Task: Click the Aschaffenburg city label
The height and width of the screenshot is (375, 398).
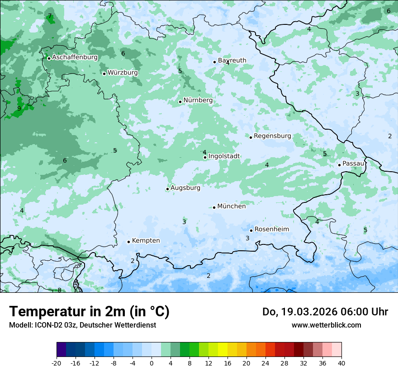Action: tap(75, 57)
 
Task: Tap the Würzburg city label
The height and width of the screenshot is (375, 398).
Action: tap(123, 73)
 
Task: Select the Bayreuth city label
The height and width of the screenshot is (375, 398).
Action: tap(232, 61)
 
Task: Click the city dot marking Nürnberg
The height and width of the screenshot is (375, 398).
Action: tap(180, 102)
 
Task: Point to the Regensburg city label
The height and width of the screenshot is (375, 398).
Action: tap(272, 136)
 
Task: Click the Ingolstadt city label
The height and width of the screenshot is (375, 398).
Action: tap(224, 156)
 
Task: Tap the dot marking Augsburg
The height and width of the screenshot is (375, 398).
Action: tap(167, 189)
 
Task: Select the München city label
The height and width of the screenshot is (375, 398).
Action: tap(232, 206)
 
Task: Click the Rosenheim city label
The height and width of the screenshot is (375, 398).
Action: tap(271, 230)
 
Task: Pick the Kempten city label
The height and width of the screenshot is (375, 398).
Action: tap(146, 241)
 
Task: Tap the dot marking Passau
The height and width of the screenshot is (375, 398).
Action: tap(339, 165)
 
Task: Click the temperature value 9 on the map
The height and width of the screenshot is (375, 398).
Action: tap(19, 108)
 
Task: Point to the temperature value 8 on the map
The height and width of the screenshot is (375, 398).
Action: tap(59, 290)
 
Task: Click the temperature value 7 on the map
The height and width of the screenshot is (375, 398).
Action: tap(50, 16)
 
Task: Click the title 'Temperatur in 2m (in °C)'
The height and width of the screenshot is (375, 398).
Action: tap(89, 312)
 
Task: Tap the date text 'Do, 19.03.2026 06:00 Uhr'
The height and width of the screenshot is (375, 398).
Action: tap(325, 312)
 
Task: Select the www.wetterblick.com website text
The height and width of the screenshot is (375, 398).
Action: tap(326, 325)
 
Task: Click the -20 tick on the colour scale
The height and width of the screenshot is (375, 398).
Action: tap(57, 363)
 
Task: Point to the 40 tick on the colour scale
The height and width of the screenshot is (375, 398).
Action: tap(341, 363)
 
